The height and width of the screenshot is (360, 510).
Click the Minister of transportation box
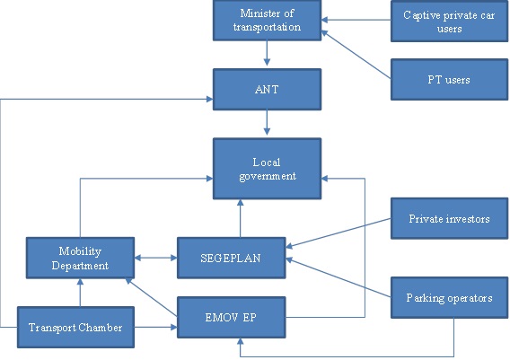(267, 21)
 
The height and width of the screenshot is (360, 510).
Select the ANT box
(267, 91)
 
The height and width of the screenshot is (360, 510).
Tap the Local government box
(267, 168)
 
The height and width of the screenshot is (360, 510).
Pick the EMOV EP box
(231, 317)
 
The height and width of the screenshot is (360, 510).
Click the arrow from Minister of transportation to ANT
(267, 54)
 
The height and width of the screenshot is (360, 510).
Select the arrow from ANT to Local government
(267, 124)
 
